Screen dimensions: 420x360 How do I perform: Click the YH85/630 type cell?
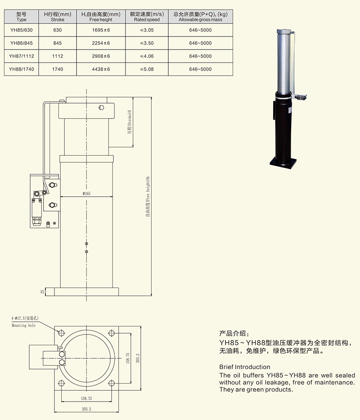click(x=22, y=30)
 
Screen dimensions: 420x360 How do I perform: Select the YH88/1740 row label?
click(x=22, y=69)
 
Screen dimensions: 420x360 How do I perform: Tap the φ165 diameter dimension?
click(x=86, y=194)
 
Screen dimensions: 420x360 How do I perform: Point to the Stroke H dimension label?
click(x=129, y=122)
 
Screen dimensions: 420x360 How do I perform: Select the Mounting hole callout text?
click(x=23, y=325)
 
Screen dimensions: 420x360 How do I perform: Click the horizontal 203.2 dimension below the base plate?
click(x=87, y=409)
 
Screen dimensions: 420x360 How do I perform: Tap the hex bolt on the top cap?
click(x=100, y=108)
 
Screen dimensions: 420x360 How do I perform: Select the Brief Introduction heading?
click(x=245, y=367)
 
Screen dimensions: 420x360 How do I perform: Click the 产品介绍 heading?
click(x=233, y=334)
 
